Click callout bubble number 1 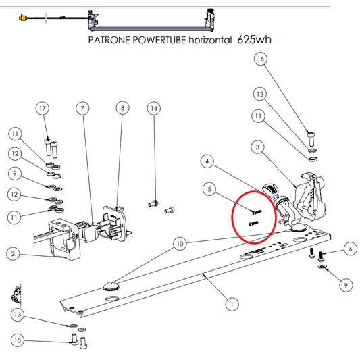(232, 305)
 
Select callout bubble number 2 (12, 254)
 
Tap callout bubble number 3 (257, 147)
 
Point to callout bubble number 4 (208, 162)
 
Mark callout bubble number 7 (82, 108)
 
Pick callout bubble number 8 (122, 108)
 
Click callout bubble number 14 (154, 108)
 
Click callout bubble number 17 (43, 108)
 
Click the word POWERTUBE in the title (156, 40)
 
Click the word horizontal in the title (209, 40)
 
